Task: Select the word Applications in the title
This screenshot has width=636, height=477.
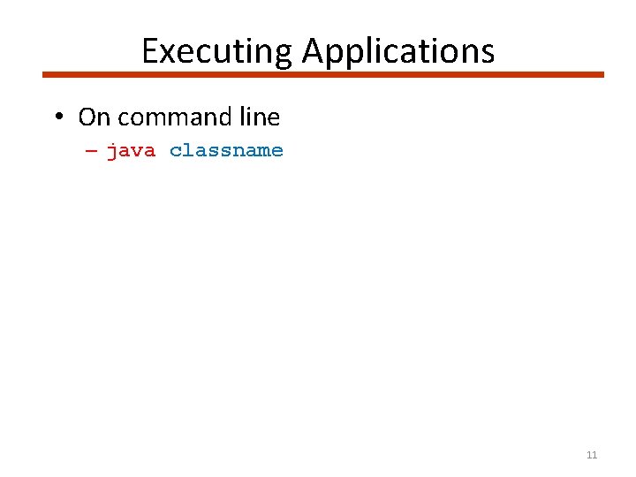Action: [397, 51]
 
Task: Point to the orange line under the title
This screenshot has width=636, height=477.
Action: [323, 75]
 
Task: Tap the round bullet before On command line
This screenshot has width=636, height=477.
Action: [58, 117]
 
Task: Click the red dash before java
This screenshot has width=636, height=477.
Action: [91, 151]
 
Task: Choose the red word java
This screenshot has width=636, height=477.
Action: [131, 151]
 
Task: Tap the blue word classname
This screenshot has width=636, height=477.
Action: [226, 151]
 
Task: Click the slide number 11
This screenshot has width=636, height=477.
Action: [592, 455]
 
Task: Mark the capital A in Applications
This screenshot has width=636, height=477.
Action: [313, 51]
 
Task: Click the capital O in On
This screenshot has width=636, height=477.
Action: [87, 117]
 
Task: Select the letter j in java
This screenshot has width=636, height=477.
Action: [112, 151]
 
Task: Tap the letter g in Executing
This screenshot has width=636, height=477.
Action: [283, 55]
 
